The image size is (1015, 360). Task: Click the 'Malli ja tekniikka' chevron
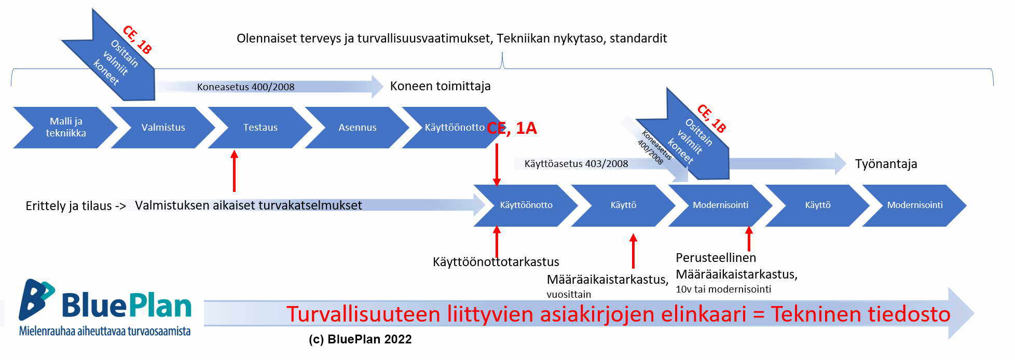click(x=65, y=128)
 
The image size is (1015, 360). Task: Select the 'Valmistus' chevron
click(x=163, y=128)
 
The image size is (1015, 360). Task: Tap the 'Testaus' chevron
click(x=260, y=128)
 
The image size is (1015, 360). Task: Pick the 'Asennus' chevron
click(x=357, y=128)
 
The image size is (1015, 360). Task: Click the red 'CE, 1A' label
click(x=512, y=128)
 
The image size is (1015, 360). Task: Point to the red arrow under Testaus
click(x=234, y=171)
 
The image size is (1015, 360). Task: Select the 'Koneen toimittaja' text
click(x=441, y=86)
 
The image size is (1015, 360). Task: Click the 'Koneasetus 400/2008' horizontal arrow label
click(x=245, y=87)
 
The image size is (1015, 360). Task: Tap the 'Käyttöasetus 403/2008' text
click(x=576, y=164)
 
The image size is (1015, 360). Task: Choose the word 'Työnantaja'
click(x=886, y=164)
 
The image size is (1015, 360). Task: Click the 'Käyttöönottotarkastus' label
click(x=496, y=261)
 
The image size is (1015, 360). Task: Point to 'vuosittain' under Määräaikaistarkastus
click(x=569, y=294)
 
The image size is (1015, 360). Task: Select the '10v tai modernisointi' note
click(x=723, y=289)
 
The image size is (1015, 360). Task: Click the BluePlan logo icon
click(x=36, y=300)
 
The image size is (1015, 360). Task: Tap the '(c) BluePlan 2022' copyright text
click(x=360, y=339)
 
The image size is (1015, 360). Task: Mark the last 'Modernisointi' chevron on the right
click(x=914, y=205)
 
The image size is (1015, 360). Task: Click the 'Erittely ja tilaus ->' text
click(x=76, y=206)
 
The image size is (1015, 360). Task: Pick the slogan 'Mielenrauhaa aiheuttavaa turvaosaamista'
click(x=105, y=331)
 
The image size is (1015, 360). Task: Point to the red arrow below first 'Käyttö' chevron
click(x=633, y=251)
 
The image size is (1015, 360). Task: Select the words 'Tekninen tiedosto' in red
click(x=860, y=314)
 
